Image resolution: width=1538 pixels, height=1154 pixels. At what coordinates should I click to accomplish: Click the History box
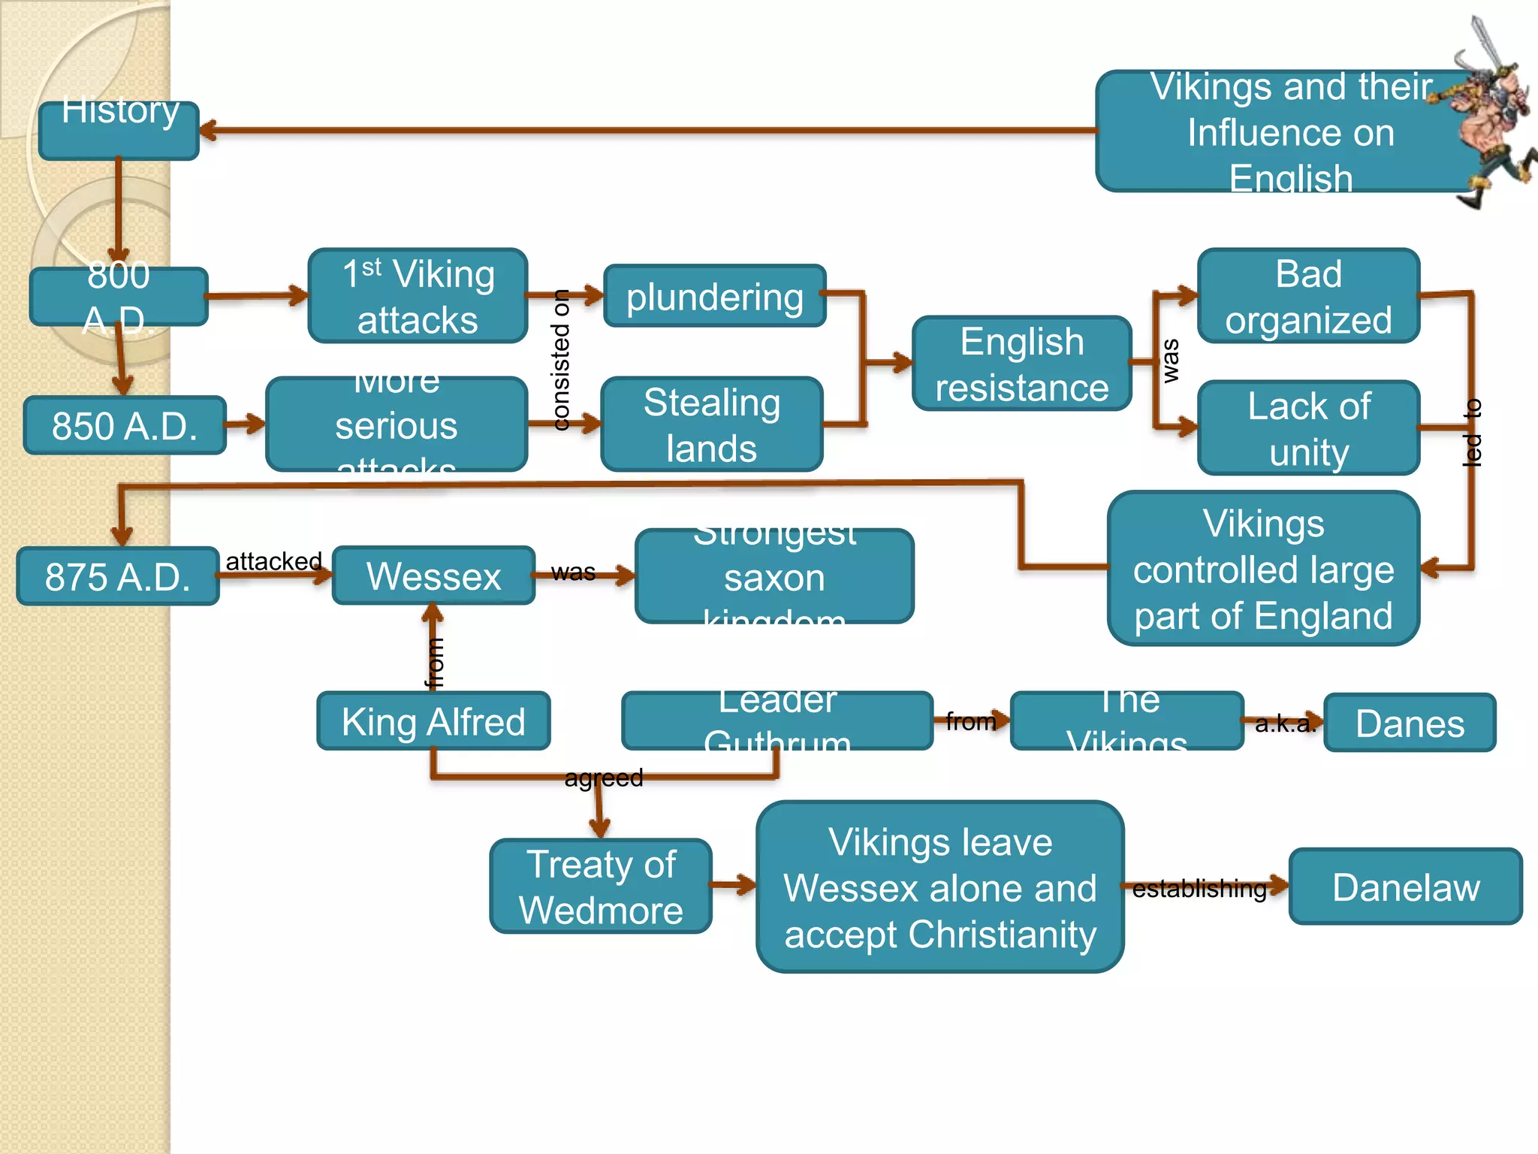click(119, 130)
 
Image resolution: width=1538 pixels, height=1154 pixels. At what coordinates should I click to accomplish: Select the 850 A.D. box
click(125, 425)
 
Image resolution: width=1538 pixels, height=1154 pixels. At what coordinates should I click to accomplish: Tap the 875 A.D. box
click(118, 576)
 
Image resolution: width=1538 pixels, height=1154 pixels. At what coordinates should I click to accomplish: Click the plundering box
click(714, 296)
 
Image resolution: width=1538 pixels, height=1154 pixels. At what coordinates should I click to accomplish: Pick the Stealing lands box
click(711, 424)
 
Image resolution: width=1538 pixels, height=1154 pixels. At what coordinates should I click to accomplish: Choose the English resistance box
click(1021, 364)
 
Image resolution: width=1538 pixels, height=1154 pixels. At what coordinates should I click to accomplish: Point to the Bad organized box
click(1307, 296)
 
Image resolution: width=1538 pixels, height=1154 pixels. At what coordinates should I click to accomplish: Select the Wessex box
click(433, 575)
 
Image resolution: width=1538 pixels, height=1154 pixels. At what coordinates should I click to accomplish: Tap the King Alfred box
click(433, 721)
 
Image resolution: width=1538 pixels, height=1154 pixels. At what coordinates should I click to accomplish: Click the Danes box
click(1410, 723)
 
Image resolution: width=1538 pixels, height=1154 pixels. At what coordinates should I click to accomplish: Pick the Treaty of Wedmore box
click(601, 887)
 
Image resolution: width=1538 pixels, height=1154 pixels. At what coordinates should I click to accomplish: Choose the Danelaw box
click(1405, 887)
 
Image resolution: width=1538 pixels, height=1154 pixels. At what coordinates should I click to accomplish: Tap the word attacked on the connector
click(273, 560)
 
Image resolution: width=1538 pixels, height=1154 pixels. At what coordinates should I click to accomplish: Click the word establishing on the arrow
click(1199, 888)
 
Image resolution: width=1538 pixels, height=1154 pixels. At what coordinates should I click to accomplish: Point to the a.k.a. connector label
click(1285, 723)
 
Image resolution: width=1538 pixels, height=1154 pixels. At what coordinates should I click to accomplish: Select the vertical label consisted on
click(560, 360)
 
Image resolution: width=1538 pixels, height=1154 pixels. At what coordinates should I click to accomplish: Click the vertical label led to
click(1472, 432)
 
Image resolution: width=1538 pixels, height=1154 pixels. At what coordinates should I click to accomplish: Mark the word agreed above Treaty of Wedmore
click(604, 778)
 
